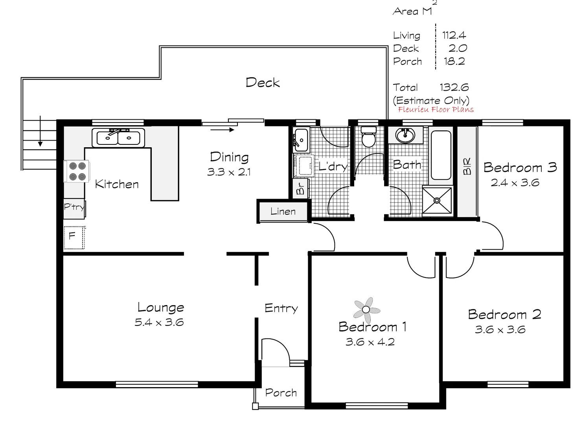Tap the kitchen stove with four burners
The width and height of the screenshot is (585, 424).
coord(77,171)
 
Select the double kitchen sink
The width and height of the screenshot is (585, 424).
coord(118,137)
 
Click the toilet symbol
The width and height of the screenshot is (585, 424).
coord(369,137)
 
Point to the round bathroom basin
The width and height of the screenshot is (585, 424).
coord(405,135)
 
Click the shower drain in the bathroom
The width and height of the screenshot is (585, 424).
coord(437,200)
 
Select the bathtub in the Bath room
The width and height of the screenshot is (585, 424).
coord(441,155)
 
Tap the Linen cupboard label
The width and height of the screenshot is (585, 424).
coord(283,212)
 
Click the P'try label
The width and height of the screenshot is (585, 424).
coord(74,207)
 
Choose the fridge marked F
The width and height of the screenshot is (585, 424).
coord(73,237)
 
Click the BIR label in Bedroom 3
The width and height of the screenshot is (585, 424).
coord(467,166)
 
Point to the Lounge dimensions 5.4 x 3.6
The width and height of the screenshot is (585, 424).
coord(159,323)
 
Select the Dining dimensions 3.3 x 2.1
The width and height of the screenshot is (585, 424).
coord(229,172)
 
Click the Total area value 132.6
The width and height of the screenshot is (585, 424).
coord(454,87)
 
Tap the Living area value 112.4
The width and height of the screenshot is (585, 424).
coord(454,35)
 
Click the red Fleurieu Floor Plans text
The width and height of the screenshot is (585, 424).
coord(436,110)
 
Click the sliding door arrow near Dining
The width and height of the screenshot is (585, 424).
coord(223,129)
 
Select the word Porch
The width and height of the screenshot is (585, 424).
coord(281,393)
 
